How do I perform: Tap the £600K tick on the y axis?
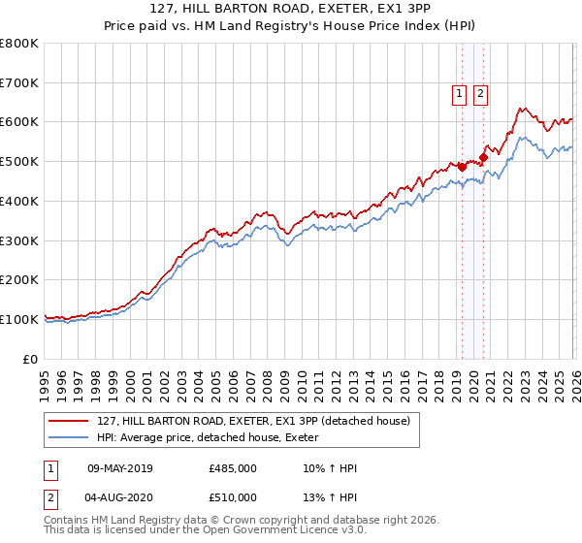(19, 122)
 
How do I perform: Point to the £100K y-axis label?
(19, 319)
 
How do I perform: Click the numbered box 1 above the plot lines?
(458, 94)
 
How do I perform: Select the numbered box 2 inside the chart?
(480, 94)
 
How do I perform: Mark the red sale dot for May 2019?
(462, 167)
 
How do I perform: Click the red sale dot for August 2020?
(483, 157)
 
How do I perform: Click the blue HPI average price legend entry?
(214, 438)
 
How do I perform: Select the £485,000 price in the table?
(233, 469)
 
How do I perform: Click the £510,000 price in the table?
(233, 497)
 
